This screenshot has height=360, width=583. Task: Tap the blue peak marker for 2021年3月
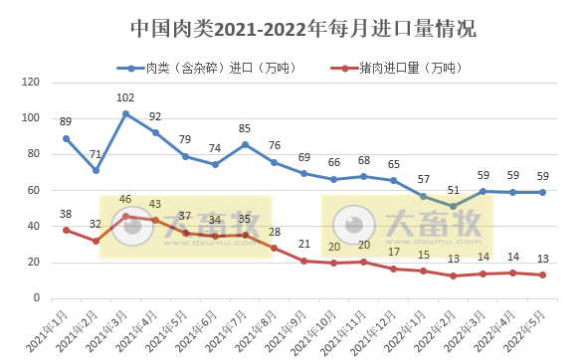[125, 114]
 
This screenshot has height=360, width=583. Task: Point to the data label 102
[125, 97]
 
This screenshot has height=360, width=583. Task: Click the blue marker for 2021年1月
[66, 138]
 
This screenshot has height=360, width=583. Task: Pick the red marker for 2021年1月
[66, 230]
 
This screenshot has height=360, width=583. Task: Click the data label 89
[66, 122]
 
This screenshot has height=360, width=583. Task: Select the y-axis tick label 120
[30, 83]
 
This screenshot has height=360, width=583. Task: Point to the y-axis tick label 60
[33, 190]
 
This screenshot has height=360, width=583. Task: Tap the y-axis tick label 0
[36, 298]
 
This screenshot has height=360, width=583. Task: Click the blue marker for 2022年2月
[454, 207]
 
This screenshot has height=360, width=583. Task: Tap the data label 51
[454, 190]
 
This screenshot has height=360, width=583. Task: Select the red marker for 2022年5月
[543, 275]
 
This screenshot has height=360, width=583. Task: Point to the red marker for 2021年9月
[304, 261]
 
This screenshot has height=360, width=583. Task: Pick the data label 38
[66, 214]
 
